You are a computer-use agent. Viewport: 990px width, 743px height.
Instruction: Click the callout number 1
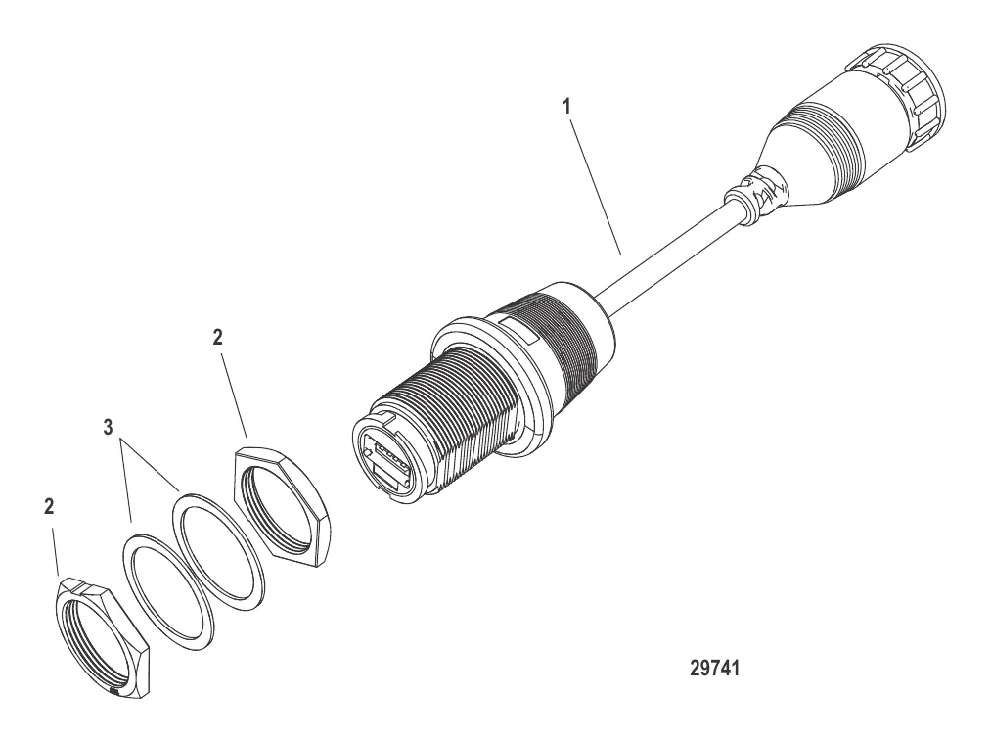tap(566, 107)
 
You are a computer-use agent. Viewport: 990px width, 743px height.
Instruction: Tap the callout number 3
tap(110, 428)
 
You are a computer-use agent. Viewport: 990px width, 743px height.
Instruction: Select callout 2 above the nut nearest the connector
tap(217, 337)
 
